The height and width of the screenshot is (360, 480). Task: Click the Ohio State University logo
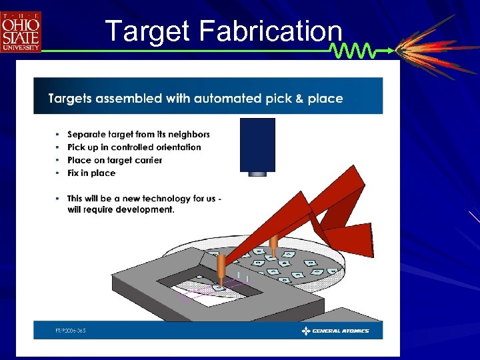[x=21, y=31]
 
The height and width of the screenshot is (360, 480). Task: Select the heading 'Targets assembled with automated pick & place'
[x=195, y=99]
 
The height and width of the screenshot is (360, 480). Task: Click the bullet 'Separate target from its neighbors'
[x=139, y=135]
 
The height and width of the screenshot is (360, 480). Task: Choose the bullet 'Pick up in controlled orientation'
[x=134, y=147]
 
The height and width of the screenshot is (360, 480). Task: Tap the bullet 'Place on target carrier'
[x=115, y=160]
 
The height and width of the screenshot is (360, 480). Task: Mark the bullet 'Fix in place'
[x=91, y=173]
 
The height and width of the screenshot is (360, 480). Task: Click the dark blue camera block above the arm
[x=257, y=144]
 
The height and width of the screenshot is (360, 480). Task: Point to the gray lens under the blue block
[x=257, y=174]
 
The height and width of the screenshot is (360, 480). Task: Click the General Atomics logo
[x=335, y=331]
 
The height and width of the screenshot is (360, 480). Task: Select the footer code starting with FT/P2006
[x=70, y=331]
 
